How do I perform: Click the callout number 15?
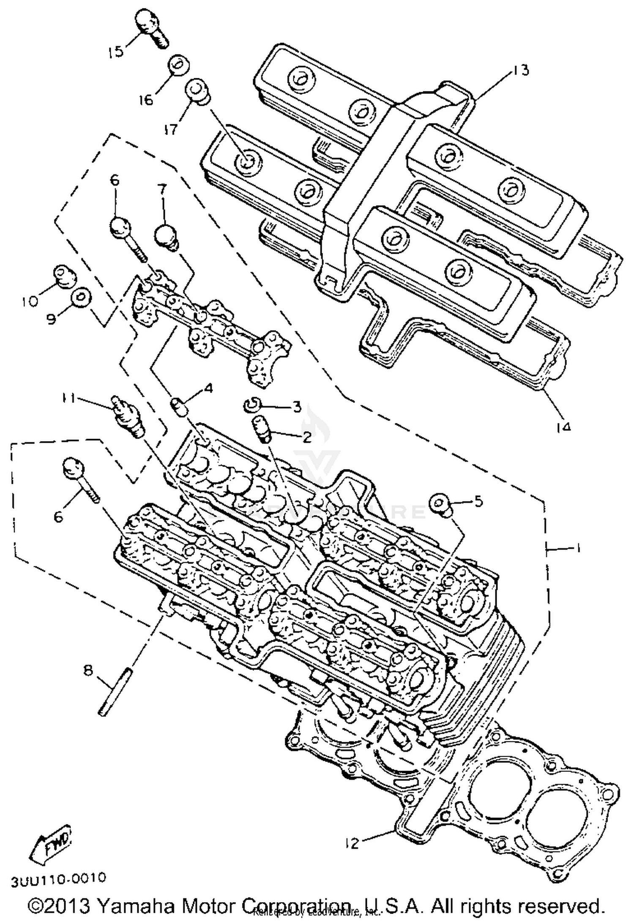(x=115, y=52)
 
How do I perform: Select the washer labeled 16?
(x=179, y=66)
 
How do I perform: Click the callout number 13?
(x=521, y=70)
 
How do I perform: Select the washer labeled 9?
(x=80, y=297)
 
